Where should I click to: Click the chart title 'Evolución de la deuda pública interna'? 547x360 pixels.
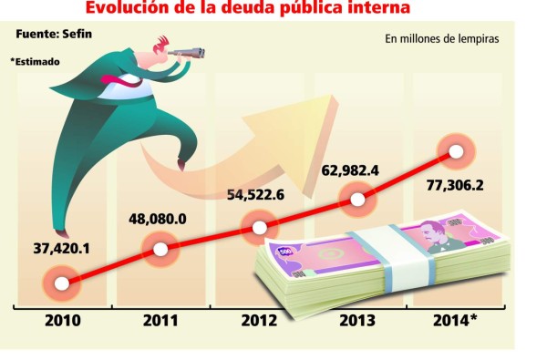(x=260, y=9)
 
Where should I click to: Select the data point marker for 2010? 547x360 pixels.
(x=61, y=283)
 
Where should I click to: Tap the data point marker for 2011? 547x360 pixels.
(x=160, y=248)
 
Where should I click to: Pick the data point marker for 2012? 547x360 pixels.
(x=259, y=227)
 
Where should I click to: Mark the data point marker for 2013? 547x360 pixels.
(x=357, y=199)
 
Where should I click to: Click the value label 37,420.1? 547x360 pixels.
(x=61, y=248)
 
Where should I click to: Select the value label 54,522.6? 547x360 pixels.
(x=257, y=194)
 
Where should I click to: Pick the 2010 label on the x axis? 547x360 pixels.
(x=61, y=321)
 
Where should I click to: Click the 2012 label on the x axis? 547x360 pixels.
(x=259, y=321)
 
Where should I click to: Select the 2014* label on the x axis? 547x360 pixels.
(x=456, y=321)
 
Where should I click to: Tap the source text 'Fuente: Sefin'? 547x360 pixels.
(x=54, y=35)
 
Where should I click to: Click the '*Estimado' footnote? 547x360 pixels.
(x=36, y=62)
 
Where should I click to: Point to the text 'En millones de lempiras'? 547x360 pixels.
(x=442, y=39)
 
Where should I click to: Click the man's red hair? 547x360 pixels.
(x=163, y=43)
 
